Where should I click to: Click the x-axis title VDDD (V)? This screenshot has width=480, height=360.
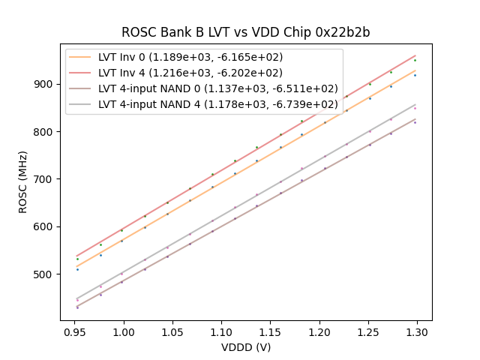[x=245, y=347]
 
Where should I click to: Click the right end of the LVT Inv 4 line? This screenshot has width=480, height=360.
[x=415, y=55]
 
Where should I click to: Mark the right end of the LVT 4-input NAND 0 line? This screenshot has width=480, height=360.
[x=415, y=118]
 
